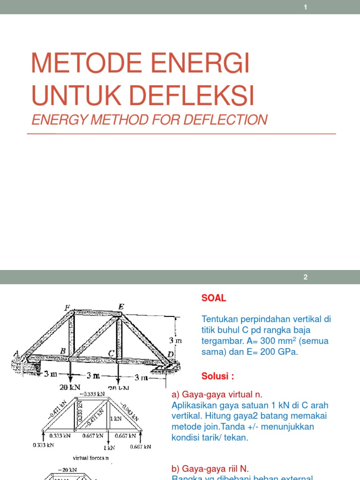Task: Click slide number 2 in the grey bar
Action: point(305,277)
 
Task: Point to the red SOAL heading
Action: point(214,298)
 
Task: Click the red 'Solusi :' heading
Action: point(218,376)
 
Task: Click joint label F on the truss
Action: point(67,308)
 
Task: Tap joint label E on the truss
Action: point(121,307)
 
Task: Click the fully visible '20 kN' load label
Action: point(70,388)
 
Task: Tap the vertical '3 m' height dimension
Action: point(175,339)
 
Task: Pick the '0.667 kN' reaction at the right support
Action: point(141,446)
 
